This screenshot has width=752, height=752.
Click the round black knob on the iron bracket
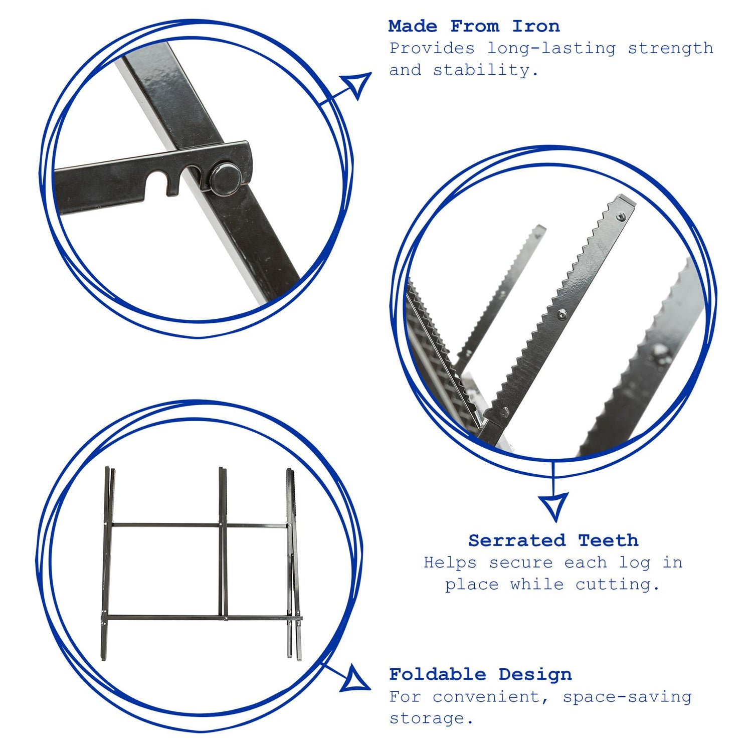coord(223,178)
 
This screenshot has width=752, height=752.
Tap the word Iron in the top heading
coord(535,26)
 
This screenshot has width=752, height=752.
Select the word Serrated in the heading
coord(517,540)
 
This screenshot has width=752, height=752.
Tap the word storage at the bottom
coord(431,718)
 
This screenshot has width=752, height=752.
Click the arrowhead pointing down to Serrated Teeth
coord(553,505)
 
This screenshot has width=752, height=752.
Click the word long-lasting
coord(551,49)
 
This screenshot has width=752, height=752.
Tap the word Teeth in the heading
coord(608,540)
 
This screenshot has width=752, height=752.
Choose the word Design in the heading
coord(535,674)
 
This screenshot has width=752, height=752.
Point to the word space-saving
coord(627,697)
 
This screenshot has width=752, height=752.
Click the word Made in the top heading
coord(413,26)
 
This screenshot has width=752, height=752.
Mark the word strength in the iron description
coord(670,49)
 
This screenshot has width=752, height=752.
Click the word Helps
coord(450,562)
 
